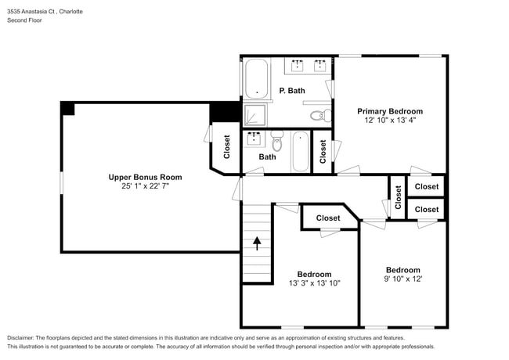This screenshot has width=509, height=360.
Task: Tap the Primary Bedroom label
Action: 390,111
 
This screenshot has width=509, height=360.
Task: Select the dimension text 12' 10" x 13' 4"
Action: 390,121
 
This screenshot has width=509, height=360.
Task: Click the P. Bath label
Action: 292,91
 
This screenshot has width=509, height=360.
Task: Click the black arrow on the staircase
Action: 257,243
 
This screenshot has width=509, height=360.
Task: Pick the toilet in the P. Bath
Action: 318,116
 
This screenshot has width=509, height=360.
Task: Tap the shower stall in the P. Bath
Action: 254,115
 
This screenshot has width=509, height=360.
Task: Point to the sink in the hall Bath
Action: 254,139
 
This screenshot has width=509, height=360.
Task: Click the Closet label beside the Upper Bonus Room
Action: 227,147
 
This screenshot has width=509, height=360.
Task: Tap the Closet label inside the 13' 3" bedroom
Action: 328,218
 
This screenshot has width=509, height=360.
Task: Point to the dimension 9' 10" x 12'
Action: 403,279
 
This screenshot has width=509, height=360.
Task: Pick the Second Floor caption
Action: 25,20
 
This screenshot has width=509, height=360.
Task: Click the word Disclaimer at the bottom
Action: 24,337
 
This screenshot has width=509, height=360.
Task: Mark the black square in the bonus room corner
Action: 68,109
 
